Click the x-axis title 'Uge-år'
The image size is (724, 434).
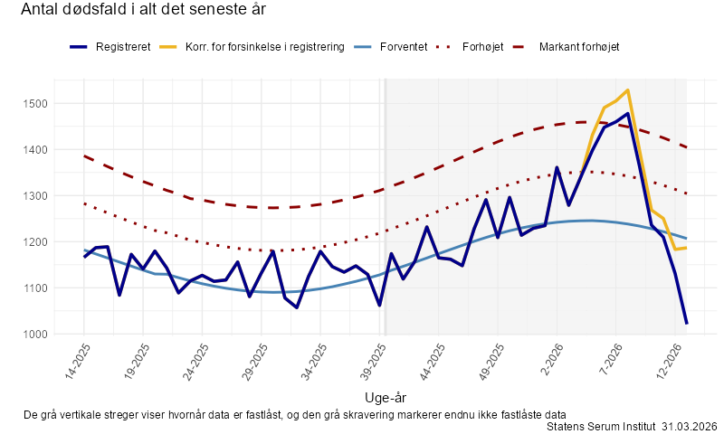tap(385, 397)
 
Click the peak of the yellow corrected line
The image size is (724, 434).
tap(627, 90)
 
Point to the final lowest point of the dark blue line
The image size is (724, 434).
tap(686, 323)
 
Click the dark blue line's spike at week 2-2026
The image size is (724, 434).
tap(557, 168)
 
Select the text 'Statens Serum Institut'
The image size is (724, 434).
tap(602, 426)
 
